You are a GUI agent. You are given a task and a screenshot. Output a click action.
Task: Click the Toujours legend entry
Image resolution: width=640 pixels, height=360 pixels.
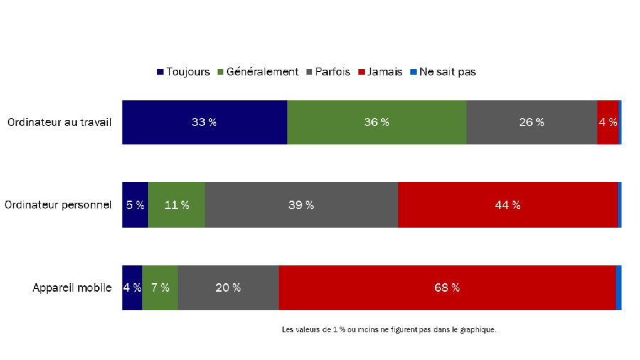tap(183, 72)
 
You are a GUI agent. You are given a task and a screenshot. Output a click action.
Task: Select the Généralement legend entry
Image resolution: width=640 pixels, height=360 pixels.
tap(257, 72)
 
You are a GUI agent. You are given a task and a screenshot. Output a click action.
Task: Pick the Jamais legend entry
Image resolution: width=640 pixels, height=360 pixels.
tap(380, 72)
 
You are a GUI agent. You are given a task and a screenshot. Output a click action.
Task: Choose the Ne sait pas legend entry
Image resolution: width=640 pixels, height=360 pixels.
tap(442, 72)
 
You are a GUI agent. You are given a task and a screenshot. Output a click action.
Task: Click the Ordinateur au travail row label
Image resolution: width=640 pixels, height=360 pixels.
tap(60, 122)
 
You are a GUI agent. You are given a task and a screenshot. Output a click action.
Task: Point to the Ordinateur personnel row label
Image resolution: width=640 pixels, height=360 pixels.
tap(58, 205)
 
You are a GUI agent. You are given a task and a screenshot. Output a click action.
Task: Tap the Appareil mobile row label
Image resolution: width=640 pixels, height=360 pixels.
tap(72, 288)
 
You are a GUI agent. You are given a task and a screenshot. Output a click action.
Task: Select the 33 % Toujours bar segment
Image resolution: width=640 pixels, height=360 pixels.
tap(204, 122)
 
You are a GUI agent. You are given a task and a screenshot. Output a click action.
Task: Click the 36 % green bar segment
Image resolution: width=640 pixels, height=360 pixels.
tap(376, 122)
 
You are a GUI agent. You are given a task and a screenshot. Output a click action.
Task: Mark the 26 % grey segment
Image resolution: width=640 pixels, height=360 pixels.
tap(531, 122)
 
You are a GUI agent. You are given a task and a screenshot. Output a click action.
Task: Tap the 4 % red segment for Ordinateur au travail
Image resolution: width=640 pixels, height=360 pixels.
tap(607, 122)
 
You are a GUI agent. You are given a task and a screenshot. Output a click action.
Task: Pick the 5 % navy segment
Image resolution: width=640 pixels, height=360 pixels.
tap(135, 205)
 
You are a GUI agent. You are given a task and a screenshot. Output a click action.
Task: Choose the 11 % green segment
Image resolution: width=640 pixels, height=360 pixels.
tap(176, 205)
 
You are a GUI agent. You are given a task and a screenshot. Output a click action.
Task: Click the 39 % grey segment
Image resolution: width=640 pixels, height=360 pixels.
tap(301, 205)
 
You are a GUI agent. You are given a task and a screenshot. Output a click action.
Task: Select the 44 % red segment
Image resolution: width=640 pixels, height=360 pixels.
tap(507, 205)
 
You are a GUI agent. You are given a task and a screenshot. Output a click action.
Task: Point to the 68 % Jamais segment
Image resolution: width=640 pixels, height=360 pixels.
tap(447, 288)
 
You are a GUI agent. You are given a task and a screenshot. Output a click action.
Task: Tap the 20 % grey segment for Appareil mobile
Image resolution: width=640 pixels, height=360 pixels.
tap(228, 288)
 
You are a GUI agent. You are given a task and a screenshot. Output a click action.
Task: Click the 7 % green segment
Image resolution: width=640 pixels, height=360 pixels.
tap(160, 288)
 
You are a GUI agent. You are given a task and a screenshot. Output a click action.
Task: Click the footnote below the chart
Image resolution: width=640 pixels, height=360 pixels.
tap(388, 329)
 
